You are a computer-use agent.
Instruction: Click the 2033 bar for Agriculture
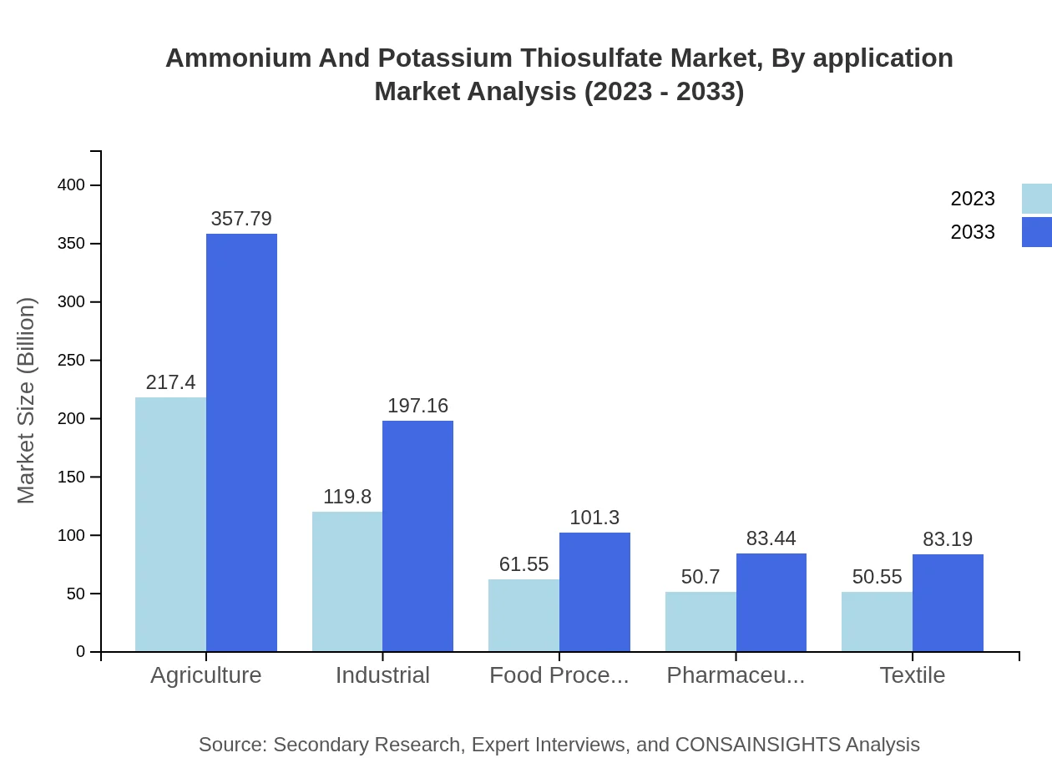tap(241, 442)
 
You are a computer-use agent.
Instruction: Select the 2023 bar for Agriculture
tap(170, 524)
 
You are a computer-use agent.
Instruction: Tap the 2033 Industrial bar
tap(417, 536)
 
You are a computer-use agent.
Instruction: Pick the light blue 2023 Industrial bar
tap(347, 581)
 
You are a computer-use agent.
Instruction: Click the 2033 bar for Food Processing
tap(594, 592)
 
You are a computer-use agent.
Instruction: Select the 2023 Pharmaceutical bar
tap(700, 622)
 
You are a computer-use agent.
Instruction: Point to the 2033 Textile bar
tap(948, 603)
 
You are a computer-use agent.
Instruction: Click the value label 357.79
tap(241, 219)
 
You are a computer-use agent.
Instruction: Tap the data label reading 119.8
tap(347, 497)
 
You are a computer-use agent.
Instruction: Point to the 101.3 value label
tap(594, 518)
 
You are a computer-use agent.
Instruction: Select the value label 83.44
tap(771, 538)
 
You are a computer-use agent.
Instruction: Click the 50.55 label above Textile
tap(877, 577)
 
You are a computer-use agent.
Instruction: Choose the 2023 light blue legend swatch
tap(1036, 199)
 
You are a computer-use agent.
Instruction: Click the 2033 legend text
tap(973, 232)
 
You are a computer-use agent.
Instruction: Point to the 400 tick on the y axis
tap(72, 184)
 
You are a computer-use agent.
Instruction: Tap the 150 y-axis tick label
tap(72, 477)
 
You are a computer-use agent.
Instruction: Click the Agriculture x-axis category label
tap(205, 675)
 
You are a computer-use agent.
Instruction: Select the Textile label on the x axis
tap(912, 675)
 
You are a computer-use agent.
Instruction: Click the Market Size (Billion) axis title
tap(27, 401)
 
